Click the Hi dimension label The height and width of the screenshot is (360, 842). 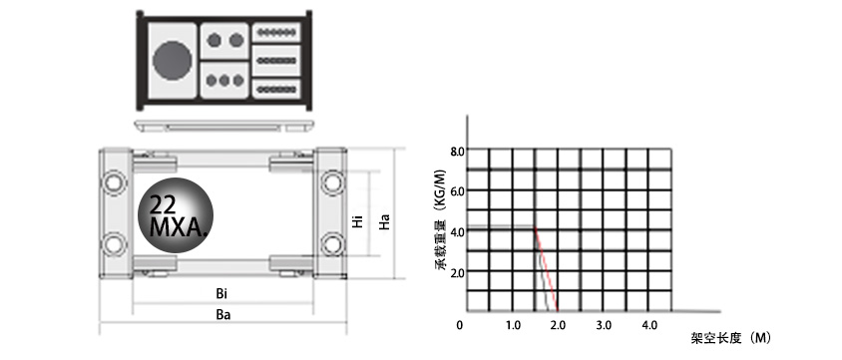357,221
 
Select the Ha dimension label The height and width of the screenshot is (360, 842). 384,221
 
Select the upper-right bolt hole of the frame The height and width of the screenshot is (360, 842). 329,183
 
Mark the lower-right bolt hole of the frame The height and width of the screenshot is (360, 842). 329,242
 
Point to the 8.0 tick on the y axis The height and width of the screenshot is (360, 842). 457,152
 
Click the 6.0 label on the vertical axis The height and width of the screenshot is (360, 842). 457,191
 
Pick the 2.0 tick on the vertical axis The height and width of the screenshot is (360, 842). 457,272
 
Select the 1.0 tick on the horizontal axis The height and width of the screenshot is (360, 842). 513,326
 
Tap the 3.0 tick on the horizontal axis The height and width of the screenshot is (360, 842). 603,326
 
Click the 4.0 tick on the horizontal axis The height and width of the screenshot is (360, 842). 648,326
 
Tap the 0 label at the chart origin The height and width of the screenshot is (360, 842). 460,326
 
